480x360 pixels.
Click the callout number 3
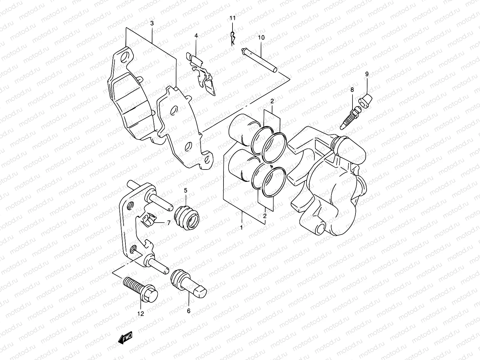[152, 23]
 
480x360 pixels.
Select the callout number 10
[261, 37]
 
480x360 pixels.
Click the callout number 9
[367, 73]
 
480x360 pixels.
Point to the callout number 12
[140, 314]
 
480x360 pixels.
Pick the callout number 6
[188, 311]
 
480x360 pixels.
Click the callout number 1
[241, 228]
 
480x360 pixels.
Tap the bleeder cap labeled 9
[365, 100]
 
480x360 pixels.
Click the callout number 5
[185, 190]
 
